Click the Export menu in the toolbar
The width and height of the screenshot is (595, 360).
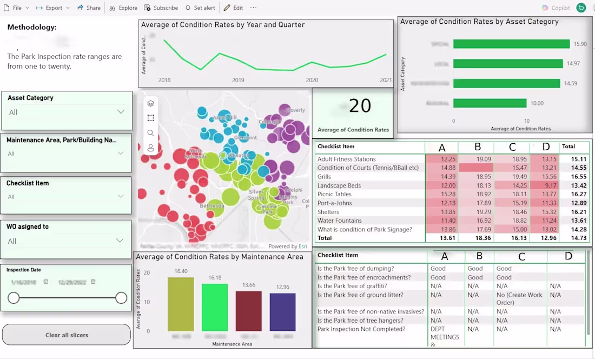(53, 8)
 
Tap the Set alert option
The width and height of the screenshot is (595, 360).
(200, 8)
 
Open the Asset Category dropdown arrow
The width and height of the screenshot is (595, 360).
(121, 111)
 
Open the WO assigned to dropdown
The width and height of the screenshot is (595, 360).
(121, 241)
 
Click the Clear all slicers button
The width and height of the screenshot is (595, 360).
(67, 335)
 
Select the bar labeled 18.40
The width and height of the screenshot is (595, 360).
(181, 304)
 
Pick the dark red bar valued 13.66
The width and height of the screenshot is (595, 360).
(249, 311)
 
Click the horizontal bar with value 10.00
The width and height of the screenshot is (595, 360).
(490, 103)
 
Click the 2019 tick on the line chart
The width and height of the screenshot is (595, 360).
(238, 80)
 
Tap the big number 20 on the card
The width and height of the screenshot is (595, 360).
(360, 106)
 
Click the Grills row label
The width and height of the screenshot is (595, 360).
(325, 177)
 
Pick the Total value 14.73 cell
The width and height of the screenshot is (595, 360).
(575, 238)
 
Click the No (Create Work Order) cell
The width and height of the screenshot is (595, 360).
(519, 298)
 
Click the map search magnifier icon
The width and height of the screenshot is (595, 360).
(150, 133)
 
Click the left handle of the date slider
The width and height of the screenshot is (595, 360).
(14, 298)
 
